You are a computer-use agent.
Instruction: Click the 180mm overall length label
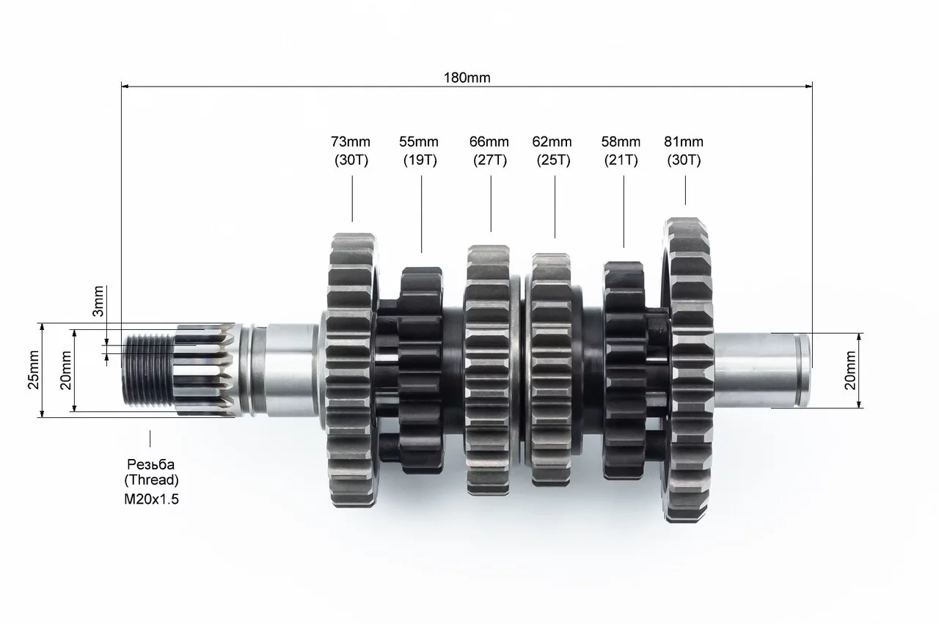tap(467, 78)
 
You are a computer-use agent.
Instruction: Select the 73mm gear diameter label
tap(351, 142)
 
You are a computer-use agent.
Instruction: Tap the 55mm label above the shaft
tap(419, 142)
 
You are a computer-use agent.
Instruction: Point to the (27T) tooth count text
tap(490, 160)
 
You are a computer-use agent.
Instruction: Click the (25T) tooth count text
tap(553, 160)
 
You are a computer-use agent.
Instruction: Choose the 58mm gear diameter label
tap(621, 142)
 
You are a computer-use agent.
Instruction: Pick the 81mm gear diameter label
tap(684, 142)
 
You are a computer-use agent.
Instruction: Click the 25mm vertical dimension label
tap(34, 370)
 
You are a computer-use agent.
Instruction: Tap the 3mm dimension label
tap(98, 301)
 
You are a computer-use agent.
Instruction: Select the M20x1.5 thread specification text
tap(151, 499)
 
